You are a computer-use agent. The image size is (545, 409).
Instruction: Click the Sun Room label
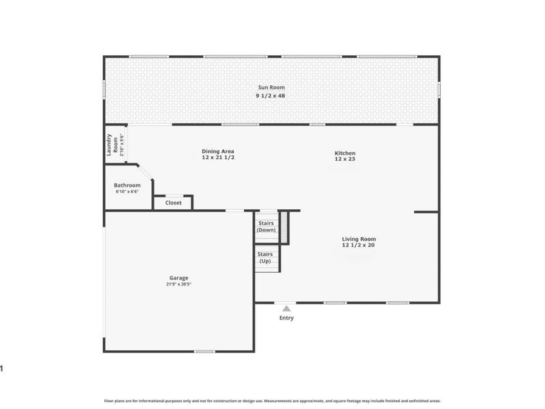point(271,87)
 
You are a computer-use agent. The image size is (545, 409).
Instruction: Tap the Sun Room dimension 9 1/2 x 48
point(271,96)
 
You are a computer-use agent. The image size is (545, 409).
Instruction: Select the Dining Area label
point(217,151)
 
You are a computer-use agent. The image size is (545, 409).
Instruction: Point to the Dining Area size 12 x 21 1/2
point(217,158)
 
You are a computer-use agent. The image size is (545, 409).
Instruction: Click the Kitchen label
point(344,153)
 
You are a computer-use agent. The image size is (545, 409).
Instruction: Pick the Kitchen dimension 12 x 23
point(344,160)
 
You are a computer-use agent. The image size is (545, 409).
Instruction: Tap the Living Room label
point(358,239)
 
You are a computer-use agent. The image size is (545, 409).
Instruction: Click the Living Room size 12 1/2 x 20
point(358,245)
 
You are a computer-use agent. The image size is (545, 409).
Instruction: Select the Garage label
point(179,278)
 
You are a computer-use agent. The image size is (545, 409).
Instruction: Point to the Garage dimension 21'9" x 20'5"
point(179,284)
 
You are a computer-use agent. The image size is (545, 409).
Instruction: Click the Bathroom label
point(127,185)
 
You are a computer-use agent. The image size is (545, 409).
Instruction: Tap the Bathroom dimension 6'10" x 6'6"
point(127,192)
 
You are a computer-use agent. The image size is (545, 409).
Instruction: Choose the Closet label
point(173,202)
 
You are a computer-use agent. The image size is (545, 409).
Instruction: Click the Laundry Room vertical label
point(112,145)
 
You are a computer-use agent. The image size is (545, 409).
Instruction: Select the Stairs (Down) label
point(266,226)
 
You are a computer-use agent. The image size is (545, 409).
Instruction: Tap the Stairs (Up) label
point(266,258)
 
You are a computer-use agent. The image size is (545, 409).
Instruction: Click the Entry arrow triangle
point(286,309)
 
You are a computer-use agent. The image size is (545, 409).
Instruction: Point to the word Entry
point(286,318)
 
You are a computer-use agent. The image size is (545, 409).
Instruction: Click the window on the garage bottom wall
point(204,351)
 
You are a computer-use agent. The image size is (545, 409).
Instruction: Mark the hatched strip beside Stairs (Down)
point(285,227)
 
